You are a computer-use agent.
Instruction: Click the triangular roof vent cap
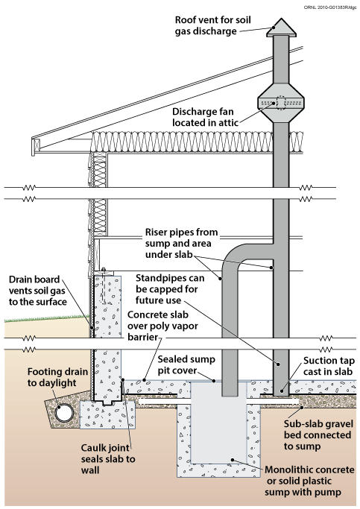point(281,28)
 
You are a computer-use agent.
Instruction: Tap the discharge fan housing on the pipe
point(281,103)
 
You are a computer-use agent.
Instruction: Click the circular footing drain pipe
point(63,413)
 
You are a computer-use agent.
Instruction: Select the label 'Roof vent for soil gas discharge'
point(212,25)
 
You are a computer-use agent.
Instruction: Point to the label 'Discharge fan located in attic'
point(204,117)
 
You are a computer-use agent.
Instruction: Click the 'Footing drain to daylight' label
point(57,377)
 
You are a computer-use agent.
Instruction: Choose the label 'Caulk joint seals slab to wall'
point(108,459)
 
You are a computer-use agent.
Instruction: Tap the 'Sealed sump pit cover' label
point(186,365)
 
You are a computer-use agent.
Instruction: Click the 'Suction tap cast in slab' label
point(329,366)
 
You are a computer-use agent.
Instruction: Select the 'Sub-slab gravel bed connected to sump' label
point(318,435)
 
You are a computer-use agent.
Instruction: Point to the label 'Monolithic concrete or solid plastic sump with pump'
point(309,481)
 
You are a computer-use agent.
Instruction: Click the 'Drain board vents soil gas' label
point(38,291)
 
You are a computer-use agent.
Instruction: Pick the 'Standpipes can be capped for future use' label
point(170,289)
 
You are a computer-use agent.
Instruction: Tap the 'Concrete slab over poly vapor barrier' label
point(162,326)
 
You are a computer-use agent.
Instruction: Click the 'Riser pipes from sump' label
point(181,243)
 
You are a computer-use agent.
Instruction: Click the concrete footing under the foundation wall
point(107,414)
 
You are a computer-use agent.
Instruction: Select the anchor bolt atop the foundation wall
point(103,285)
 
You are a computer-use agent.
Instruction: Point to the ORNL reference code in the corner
point(329,7)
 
